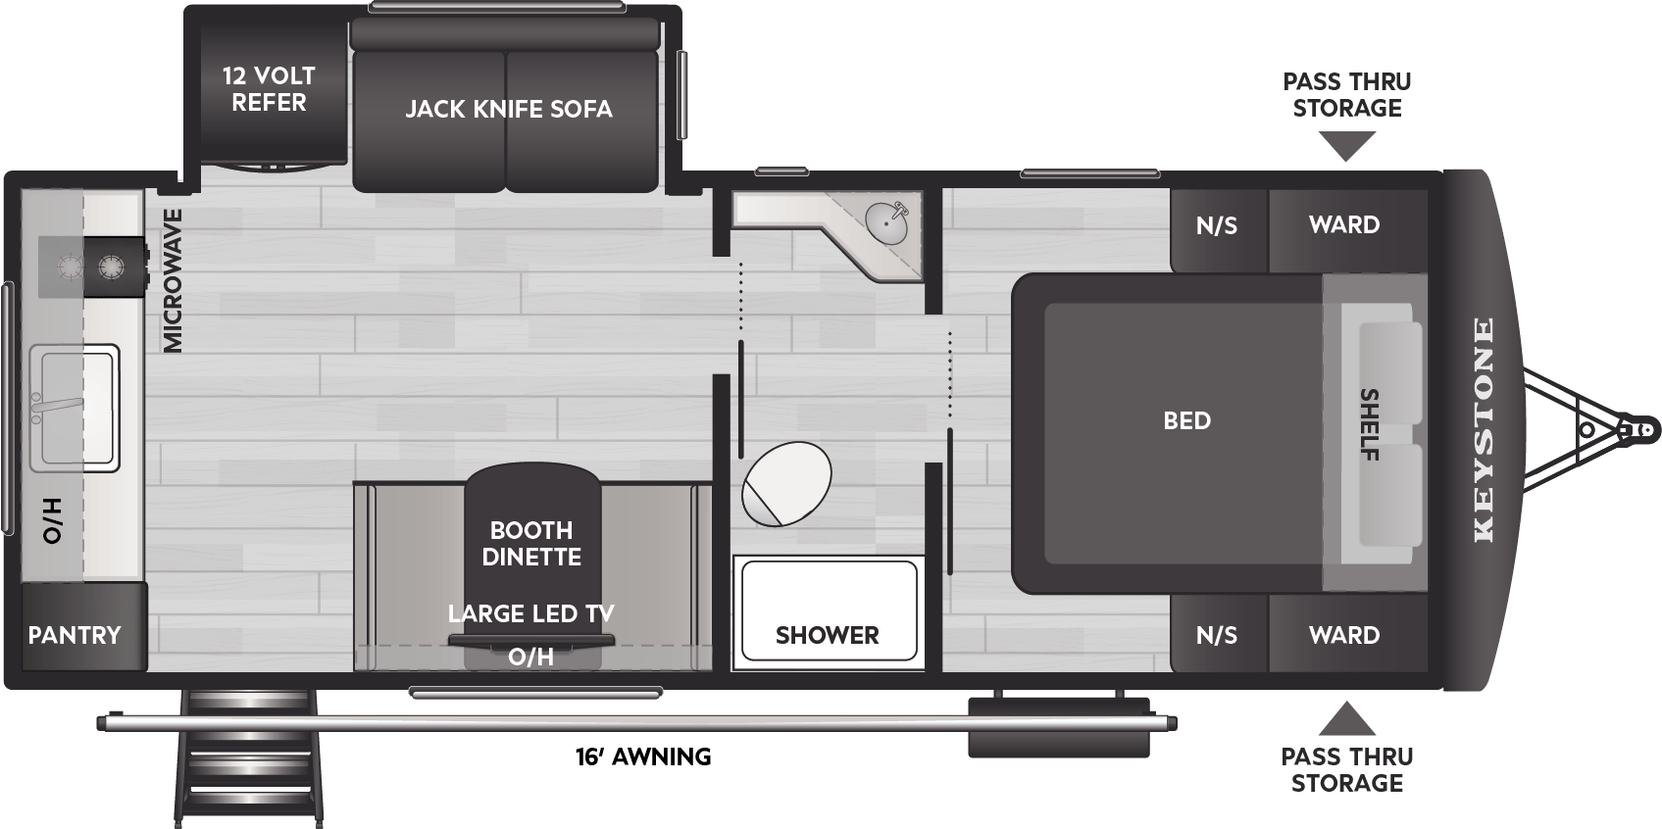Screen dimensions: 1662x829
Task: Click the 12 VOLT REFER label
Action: [269, 89]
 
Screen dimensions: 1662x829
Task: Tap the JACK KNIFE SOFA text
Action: [508, 109]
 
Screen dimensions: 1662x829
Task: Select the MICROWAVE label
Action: [173, 280]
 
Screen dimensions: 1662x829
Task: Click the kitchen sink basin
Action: [75, 408]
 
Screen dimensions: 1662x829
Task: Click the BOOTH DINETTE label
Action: [531, 544]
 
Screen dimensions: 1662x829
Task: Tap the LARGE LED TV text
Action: [531, 613]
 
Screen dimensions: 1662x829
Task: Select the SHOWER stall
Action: [829, 611]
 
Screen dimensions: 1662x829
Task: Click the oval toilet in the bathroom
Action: [786, 483]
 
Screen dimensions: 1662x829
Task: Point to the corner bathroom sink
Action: [885, 221]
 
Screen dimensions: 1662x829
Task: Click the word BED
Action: [1187, 421]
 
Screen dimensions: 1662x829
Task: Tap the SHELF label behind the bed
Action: [1370, 425]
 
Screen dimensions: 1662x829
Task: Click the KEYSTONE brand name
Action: [1484, 430]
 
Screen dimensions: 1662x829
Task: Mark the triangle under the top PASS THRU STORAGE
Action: [1347, 146]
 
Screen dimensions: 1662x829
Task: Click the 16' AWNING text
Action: [643, 756]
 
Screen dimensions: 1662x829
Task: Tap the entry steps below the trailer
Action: [248, 757]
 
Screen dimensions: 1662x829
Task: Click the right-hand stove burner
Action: [110, 267]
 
